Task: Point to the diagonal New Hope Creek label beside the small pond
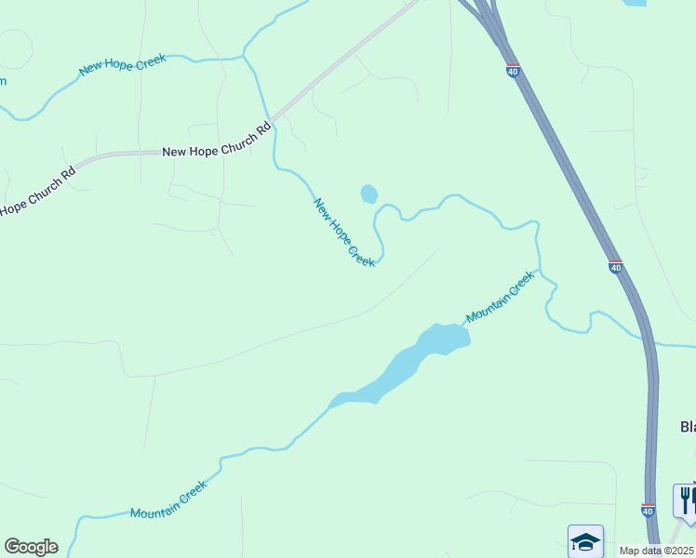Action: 344,232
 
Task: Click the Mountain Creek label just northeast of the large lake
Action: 501,296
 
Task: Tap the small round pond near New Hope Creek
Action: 369,193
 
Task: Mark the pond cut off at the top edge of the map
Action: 636,3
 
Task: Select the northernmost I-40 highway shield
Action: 514,71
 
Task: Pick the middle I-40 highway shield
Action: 615,267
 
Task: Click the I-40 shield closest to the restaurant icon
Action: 648,510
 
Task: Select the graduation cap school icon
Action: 585,540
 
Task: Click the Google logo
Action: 31,547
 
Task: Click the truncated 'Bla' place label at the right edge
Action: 688,427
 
